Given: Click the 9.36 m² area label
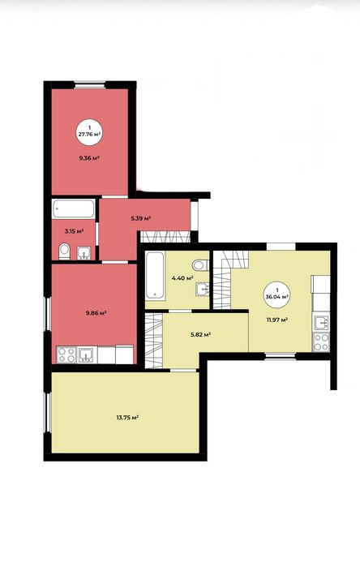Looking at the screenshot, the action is click(x=90, y=157).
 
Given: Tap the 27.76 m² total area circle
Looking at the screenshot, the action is click(x=89, y=131).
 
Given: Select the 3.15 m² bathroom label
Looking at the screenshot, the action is click(x=74, y=231).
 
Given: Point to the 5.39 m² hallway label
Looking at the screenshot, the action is click(x=140, y=218).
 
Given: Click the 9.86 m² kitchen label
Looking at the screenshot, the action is click(x=96, y=313).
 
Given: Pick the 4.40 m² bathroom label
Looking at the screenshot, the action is click(x=182, y=278).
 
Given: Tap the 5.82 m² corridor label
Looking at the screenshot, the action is click(x=200, y=334).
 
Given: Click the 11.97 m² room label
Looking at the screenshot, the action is click(x=276, y=320).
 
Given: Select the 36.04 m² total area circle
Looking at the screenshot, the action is click(x=277, y=294).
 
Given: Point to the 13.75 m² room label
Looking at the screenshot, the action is click(x=127, y=417).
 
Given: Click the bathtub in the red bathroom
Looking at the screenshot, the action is click(x=74, y=208).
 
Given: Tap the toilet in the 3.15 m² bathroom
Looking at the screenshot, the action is click(x=65, y=251).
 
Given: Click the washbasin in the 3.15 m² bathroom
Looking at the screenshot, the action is click(x=84, y=253).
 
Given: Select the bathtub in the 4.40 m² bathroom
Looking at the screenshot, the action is click(x=156, y=275).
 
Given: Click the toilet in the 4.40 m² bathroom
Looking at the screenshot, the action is click(x=200, y=265).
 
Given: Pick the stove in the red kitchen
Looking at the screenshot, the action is click(x=66, y=354).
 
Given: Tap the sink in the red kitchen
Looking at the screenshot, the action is click(x=87, y=354).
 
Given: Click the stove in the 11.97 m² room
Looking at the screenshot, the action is click(x=321, y=341).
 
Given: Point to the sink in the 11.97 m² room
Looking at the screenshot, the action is click(x=321, y=323).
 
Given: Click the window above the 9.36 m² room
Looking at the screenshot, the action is click(x=90, y=85).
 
